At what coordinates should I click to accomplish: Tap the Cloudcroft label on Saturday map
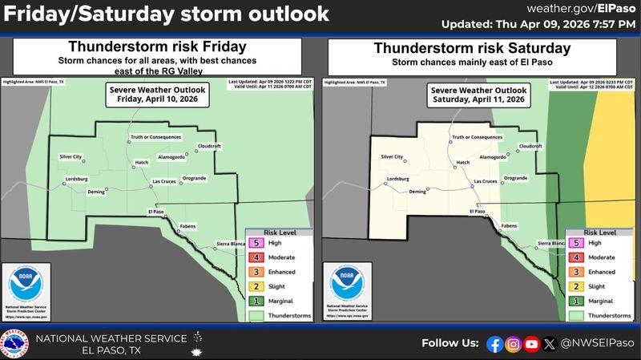tap(531, 146)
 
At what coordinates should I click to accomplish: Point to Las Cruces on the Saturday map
tap(484, 181)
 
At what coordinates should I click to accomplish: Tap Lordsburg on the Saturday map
tap(397, 178)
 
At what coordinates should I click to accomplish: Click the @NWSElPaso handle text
tap(594, 344)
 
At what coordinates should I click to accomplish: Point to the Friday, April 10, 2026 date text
tap(158, 100)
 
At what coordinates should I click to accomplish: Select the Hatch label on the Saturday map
tap(463, 163)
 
